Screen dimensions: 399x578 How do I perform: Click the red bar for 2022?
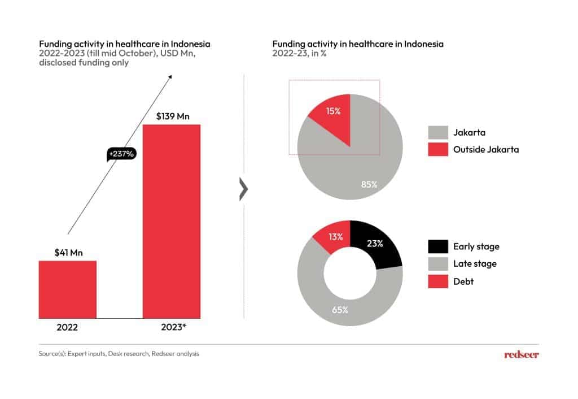(67, 289)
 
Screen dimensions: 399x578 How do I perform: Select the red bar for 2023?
(172, 220)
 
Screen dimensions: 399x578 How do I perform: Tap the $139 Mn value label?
(172, 117)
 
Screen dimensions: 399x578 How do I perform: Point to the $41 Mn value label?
(68, 253)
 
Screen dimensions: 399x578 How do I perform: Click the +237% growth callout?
(121, 153)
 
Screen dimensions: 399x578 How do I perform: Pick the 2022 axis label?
(67, 327)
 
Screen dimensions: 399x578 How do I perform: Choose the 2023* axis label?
(172, 327)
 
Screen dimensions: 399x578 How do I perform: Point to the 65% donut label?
(340, 310)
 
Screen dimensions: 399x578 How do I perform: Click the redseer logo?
(521, 354)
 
